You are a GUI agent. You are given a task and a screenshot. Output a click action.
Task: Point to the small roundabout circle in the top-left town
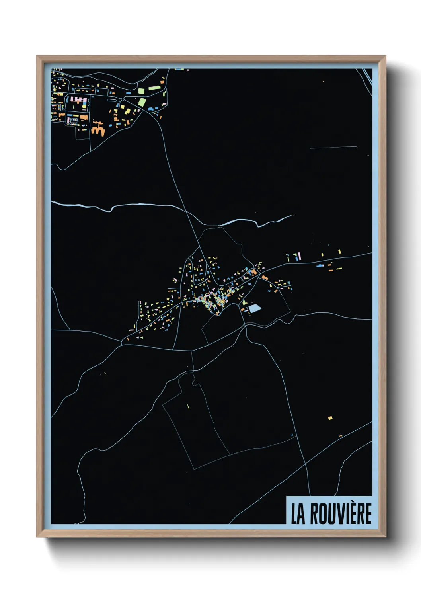[123, 99]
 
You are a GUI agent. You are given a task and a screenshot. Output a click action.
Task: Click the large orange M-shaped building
[98, 130]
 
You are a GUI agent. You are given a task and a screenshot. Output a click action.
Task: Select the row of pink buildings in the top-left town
[79, 99]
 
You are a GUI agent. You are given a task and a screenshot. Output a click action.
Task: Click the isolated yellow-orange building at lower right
[330, 418]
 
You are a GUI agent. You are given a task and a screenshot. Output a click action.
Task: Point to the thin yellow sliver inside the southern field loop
[187, 406]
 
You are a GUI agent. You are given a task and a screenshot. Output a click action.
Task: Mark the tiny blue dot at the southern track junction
[292, 435]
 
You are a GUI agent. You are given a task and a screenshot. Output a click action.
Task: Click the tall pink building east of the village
[299, 256]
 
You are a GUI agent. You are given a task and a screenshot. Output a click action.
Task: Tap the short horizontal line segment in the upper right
[333, 148]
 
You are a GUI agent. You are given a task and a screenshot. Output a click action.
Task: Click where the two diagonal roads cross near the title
[305, 464]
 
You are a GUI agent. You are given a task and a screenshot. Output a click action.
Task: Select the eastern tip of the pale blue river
[291, 216]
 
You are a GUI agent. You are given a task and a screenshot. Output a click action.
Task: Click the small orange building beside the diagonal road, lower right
[341, 436]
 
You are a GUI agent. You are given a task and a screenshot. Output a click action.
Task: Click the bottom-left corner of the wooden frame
[37, 536]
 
